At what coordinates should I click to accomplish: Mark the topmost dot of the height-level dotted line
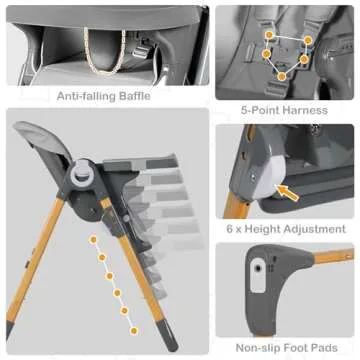pyautogui.click(x=92, y=241)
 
